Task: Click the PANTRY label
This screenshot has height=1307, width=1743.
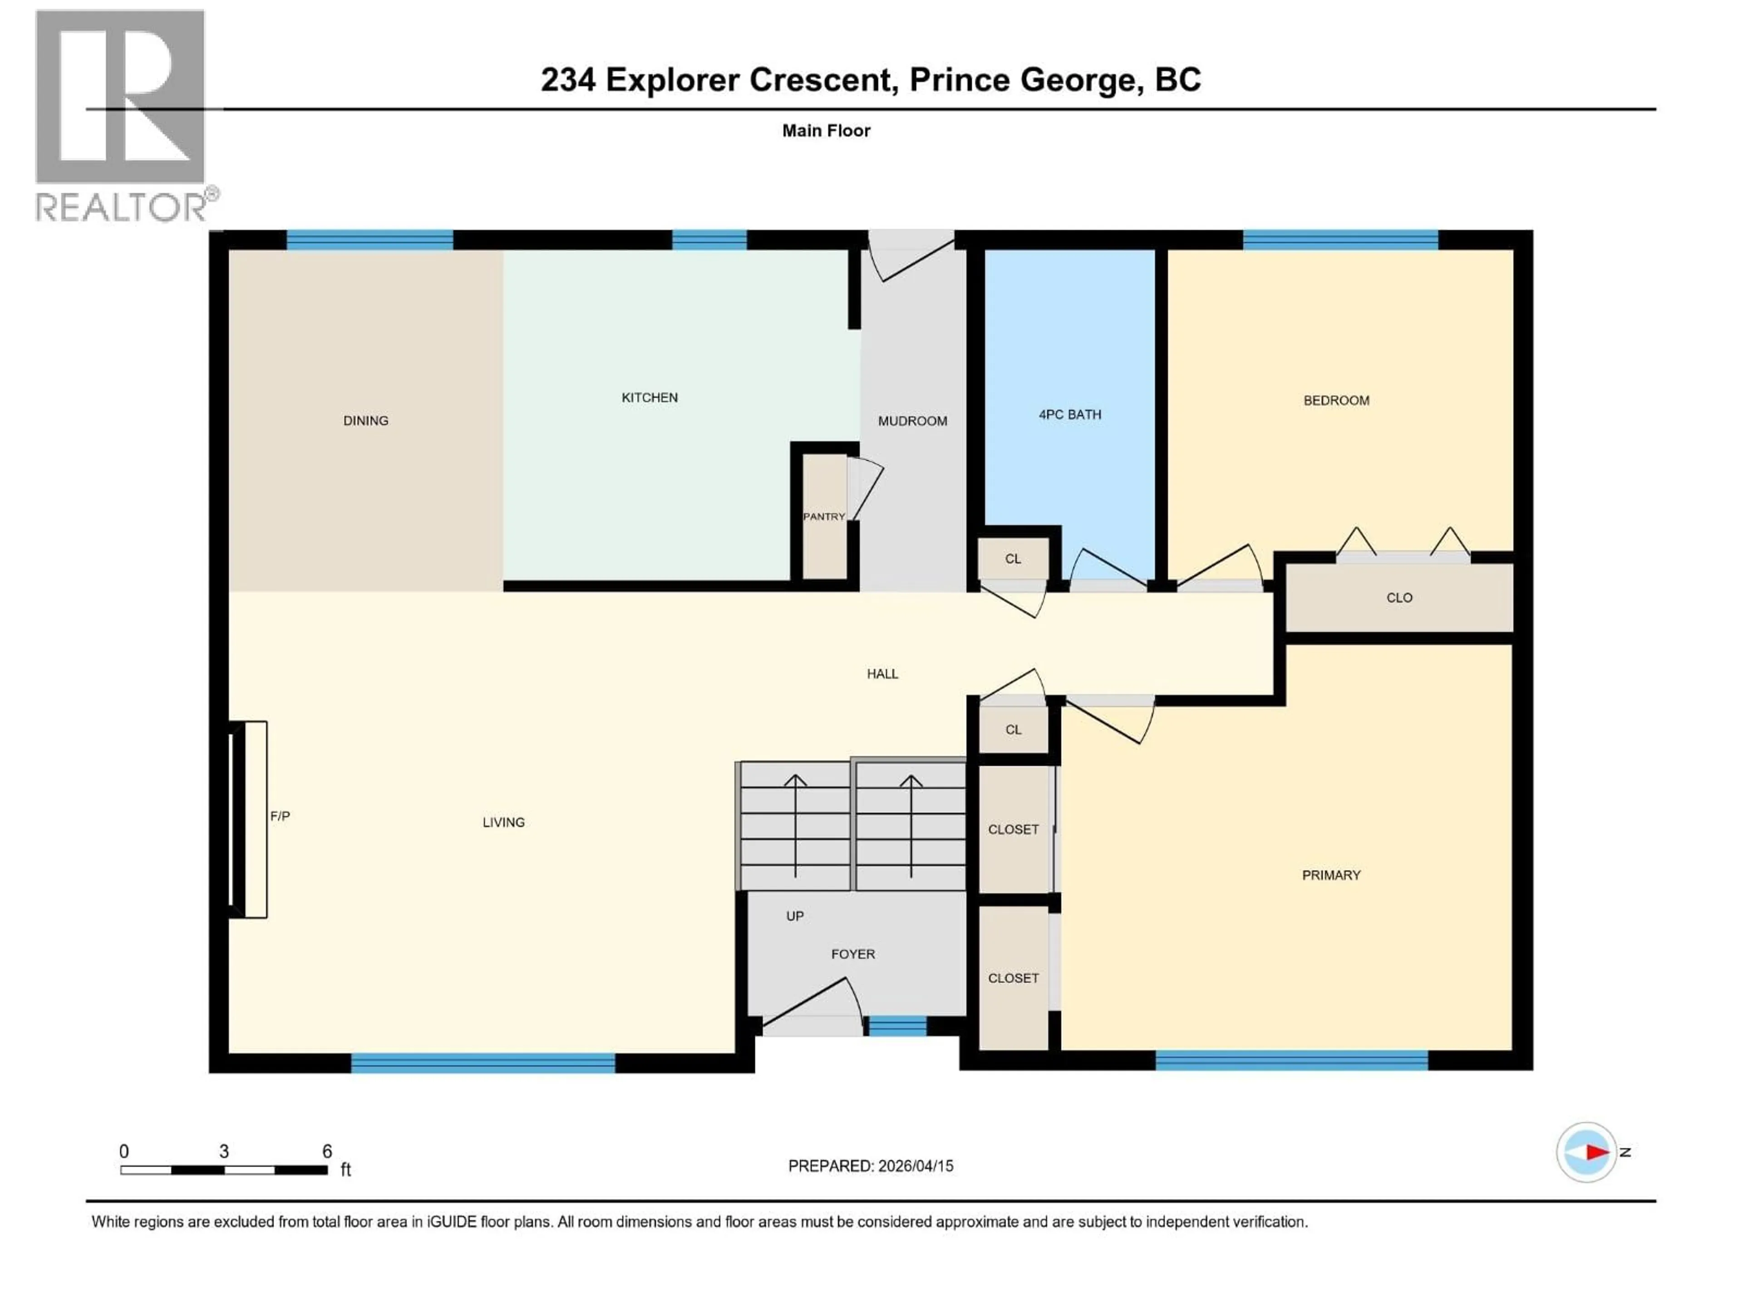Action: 823,517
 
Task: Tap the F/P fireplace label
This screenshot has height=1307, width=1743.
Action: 280,816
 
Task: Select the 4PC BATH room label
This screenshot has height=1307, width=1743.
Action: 1069,414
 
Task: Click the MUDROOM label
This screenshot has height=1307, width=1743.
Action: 912,421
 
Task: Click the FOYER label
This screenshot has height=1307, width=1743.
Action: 852,954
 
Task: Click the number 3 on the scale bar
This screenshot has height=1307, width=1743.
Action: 224,1151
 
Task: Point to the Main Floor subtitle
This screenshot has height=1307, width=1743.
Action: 826,131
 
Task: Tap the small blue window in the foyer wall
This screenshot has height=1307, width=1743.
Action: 897,1026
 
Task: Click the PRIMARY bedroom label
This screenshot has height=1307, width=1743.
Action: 1331,875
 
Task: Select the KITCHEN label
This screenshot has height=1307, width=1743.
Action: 649,398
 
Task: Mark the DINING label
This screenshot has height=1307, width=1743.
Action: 365,421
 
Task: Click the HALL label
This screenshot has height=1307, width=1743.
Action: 882,673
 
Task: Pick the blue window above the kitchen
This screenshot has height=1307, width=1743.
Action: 709,240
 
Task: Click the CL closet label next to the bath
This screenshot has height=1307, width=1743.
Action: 1013,559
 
